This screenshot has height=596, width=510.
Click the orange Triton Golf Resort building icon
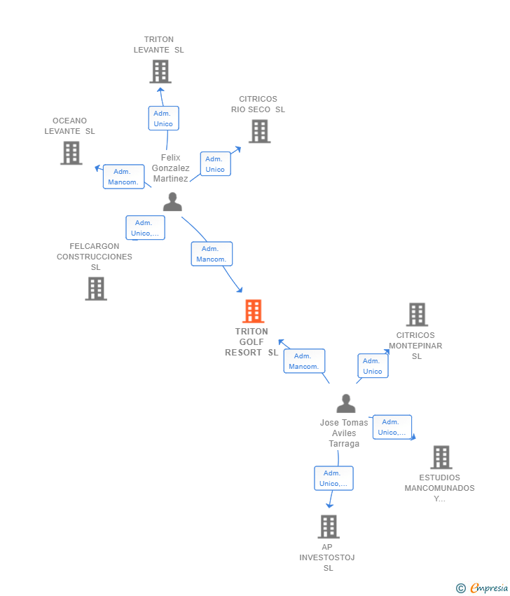tap(253, 311)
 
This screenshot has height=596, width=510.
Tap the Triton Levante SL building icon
tap(160, 72)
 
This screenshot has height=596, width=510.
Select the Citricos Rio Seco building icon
tap(259, 131)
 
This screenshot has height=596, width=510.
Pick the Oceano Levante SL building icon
tap(71, 153)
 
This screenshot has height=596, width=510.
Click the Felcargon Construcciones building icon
tap(96, 288)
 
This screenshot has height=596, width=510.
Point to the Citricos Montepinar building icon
tap(417, 315)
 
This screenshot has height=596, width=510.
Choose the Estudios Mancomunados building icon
tap(441, 457)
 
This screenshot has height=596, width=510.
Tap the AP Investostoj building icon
tap(328, 527)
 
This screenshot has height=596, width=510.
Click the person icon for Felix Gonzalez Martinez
tap(172, 202)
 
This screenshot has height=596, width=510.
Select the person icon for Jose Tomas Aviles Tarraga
tap(345, 404)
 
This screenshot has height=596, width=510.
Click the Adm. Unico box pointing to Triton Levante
tap(163, 118)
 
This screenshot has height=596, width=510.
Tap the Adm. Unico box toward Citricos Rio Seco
tap(215, 164)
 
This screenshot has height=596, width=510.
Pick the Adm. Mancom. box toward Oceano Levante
tap(123, 177)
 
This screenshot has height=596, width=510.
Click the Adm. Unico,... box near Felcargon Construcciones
tap(145, 228)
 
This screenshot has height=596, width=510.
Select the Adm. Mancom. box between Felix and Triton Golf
tap(211, 254)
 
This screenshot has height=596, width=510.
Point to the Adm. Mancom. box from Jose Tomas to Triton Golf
tap(304, 361)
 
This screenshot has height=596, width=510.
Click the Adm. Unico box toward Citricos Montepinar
tap(373, 366)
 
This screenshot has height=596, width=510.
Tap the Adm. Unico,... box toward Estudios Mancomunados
tap(392, 427)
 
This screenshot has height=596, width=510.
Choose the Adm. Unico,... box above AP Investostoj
tap(333, 478)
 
